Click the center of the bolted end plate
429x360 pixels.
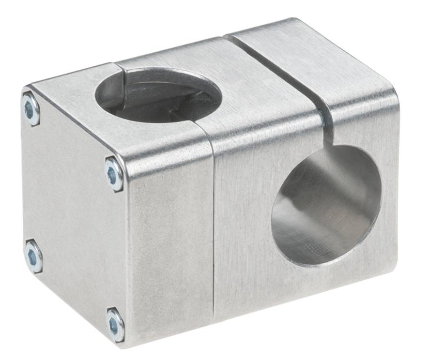click(x=73, y=213)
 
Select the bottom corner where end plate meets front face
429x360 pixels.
click(x=127, y=345)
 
